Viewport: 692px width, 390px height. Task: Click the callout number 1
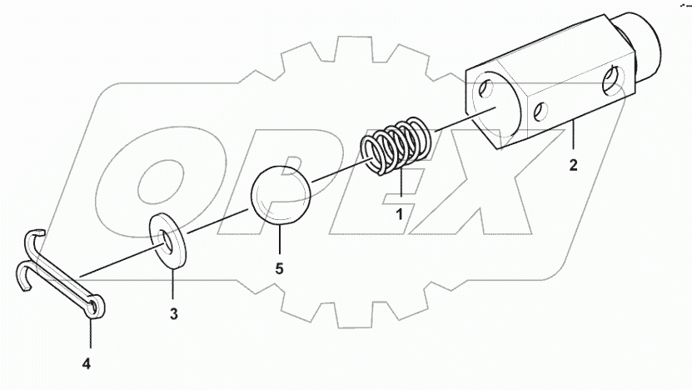tap(399, 214)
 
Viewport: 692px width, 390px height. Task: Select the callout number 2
tap(573, 165)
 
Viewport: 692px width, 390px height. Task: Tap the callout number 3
tap(173, 314)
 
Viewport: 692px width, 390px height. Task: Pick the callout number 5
tap(280, 270)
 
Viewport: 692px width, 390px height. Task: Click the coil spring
tap(398, 146)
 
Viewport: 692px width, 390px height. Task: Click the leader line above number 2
tap(573, 137)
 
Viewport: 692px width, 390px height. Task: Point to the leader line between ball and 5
tap(280, 242)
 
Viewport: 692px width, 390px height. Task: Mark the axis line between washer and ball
tap(219, 222)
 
